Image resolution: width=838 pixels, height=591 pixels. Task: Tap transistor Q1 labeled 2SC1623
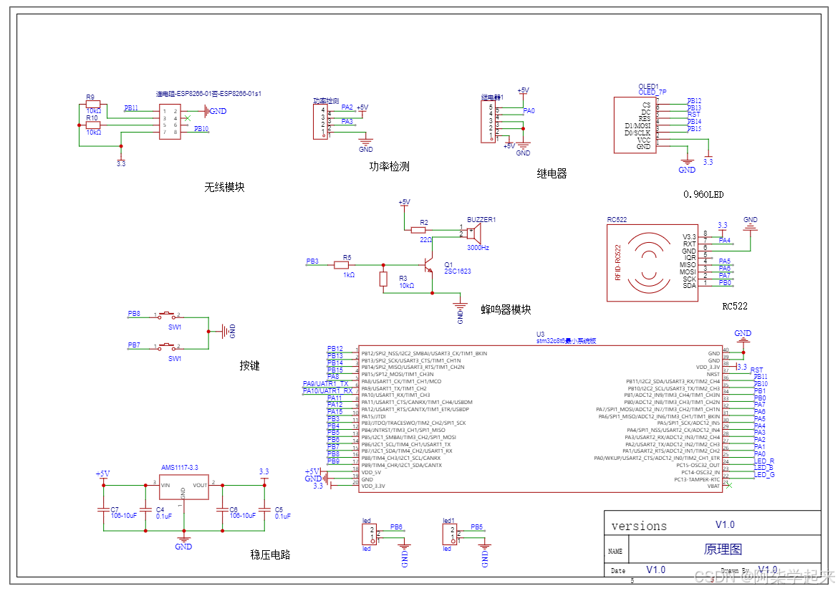(x=430, y=266)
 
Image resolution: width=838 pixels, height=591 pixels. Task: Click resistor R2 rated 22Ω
(x=419, y=230)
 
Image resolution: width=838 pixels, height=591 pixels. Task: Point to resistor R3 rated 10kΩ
(x=383, y=279)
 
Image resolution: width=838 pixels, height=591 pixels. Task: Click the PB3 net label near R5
(x=312, y=262)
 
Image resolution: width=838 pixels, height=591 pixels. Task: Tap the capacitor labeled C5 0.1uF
(x=265, y=509)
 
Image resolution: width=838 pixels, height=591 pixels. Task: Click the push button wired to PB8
(x=168, y=315)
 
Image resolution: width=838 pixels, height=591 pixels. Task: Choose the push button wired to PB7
(x=168, y=347)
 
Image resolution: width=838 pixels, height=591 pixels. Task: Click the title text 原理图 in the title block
(x=723, y=549)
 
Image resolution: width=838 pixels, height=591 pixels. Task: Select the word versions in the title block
(x=639, y=527)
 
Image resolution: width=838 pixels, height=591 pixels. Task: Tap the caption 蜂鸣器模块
(x=506, y=309)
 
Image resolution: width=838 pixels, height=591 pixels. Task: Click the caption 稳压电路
(x=270, y=554)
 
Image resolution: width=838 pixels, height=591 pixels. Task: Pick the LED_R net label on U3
(x=764, y=461)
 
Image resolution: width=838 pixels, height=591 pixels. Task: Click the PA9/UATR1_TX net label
(x=326, y=384)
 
